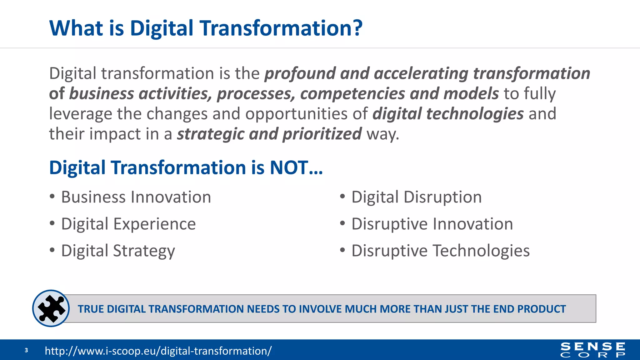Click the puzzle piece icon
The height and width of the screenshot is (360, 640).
(x=51, y=308)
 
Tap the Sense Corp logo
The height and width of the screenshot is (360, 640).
(x=593, y=350)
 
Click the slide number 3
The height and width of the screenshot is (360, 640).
(x=26, y=350)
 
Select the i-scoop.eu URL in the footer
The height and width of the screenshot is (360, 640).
(x=158, y=351)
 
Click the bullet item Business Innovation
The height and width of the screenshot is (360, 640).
(x=136, y=197)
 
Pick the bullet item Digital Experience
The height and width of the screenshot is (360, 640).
(x=128, y=224)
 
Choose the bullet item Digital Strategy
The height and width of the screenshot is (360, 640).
(x=118, y=251)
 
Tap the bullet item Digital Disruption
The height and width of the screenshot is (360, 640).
(x=416, y=197)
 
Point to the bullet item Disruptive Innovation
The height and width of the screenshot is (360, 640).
(x=432, y=224)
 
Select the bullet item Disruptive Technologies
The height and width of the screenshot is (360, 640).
(x=440, y=251)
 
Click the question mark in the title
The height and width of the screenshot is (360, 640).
(x=357, y=28)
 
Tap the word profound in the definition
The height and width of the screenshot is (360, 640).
(x=300, y=74)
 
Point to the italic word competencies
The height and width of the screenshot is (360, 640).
(x=352, y=94)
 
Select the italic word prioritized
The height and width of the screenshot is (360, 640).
(x=322, y=134)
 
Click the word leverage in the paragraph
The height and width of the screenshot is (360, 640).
(x=80, y=114)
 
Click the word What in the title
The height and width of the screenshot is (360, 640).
(x=76, y=28)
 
